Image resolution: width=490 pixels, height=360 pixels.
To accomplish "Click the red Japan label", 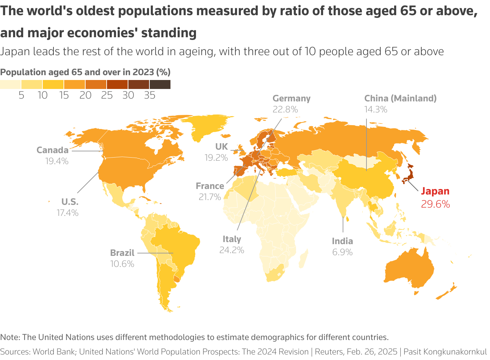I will tap(435, 191).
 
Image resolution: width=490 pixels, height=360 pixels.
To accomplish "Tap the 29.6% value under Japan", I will tap(435, 204).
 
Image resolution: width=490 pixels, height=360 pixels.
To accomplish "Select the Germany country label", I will tap(291, 99).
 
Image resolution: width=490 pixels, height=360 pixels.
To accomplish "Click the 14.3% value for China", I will tap(375, 110).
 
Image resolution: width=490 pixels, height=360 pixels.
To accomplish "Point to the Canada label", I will tap(52, 150).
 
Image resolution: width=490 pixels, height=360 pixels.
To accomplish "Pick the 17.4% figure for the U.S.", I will tap(68, 213).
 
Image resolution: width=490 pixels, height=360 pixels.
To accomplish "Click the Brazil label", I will tap(122, 253).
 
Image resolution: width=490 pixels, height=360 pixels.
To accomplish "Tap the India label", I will tap(342, 241).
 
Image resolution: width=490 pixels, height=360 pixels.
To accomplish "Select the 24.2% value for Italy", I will tap(232, 250).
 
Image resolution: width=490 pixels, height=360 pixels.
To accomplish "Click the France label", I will tap(210, 186).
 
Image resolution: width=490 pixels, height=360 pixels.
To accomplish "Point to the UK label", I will tap(222, 147).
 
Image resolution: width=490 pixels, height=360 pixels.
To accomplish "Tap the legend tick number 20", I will tap(85, 96).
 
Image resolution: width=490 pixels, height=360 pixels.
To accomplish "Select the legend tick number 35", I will tap(149, 96).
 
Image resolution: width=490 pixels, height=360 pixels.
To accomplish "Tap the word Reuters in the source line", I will tap(329, 352).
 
